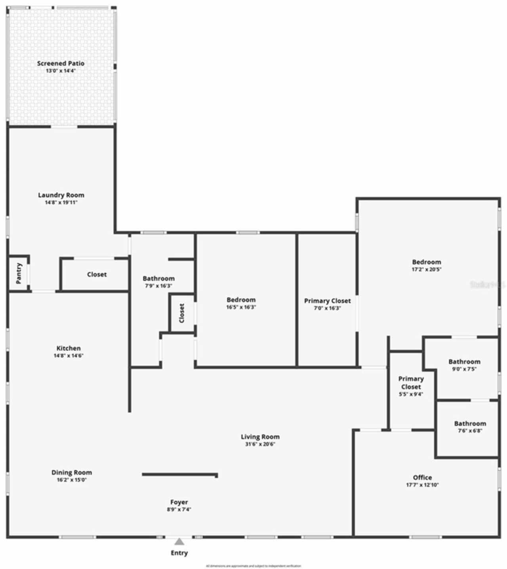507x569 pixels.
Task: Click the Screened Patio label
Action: click(x=61, y=63)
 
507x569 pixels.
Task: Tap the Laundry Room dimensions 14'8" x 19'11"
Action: click(x=61, y=203)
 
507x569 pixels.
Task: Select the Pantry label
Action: click(x=19, y=273)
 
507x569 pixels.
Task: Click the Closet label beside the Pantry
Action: click(x=97, y=274)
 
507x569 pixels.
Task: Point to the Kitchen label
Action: click(x=69, y=348)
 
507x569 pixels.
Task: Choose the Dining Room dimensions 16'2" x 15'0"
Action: click(x=71, y=480)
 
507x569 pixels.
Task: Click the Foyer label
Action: click(x=179, y=502)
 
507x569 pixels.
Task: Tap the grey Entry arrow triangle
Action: click(x=179, y=542)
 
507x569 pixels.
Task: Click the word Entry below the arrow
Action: click(x=179, y=553)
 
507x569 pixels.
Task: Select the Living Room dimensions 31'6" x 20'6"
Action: click(x=260, y=444)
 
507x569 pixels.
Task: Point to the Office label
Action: click(x=422, y=477)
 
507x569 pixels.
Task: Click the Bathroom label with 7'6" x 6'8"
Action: click(x=470, y=423)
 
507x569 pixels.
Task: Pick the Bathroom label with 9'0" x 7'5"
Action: click(x=464, y=362)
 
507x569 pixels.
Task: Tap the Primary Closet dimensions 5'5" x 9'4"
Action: click(x=411, y=395)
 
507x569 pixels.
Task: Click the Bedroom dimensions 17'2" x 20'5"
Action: click(x=426, y=269)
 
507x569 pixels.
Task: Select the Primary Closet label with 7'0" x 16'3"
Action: click(x=327, y=301)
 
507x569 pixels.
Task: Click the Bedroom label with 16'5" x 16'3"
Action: click(x=241, y=300)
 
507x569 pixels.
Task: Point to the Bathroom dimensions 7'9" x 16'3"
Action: click(x=158, y=286)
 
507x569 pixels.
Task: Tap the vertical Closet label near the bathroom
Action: click(x=182, y=313)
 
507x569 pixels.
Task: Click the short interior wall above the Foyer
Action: click(x=180, y=474)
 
